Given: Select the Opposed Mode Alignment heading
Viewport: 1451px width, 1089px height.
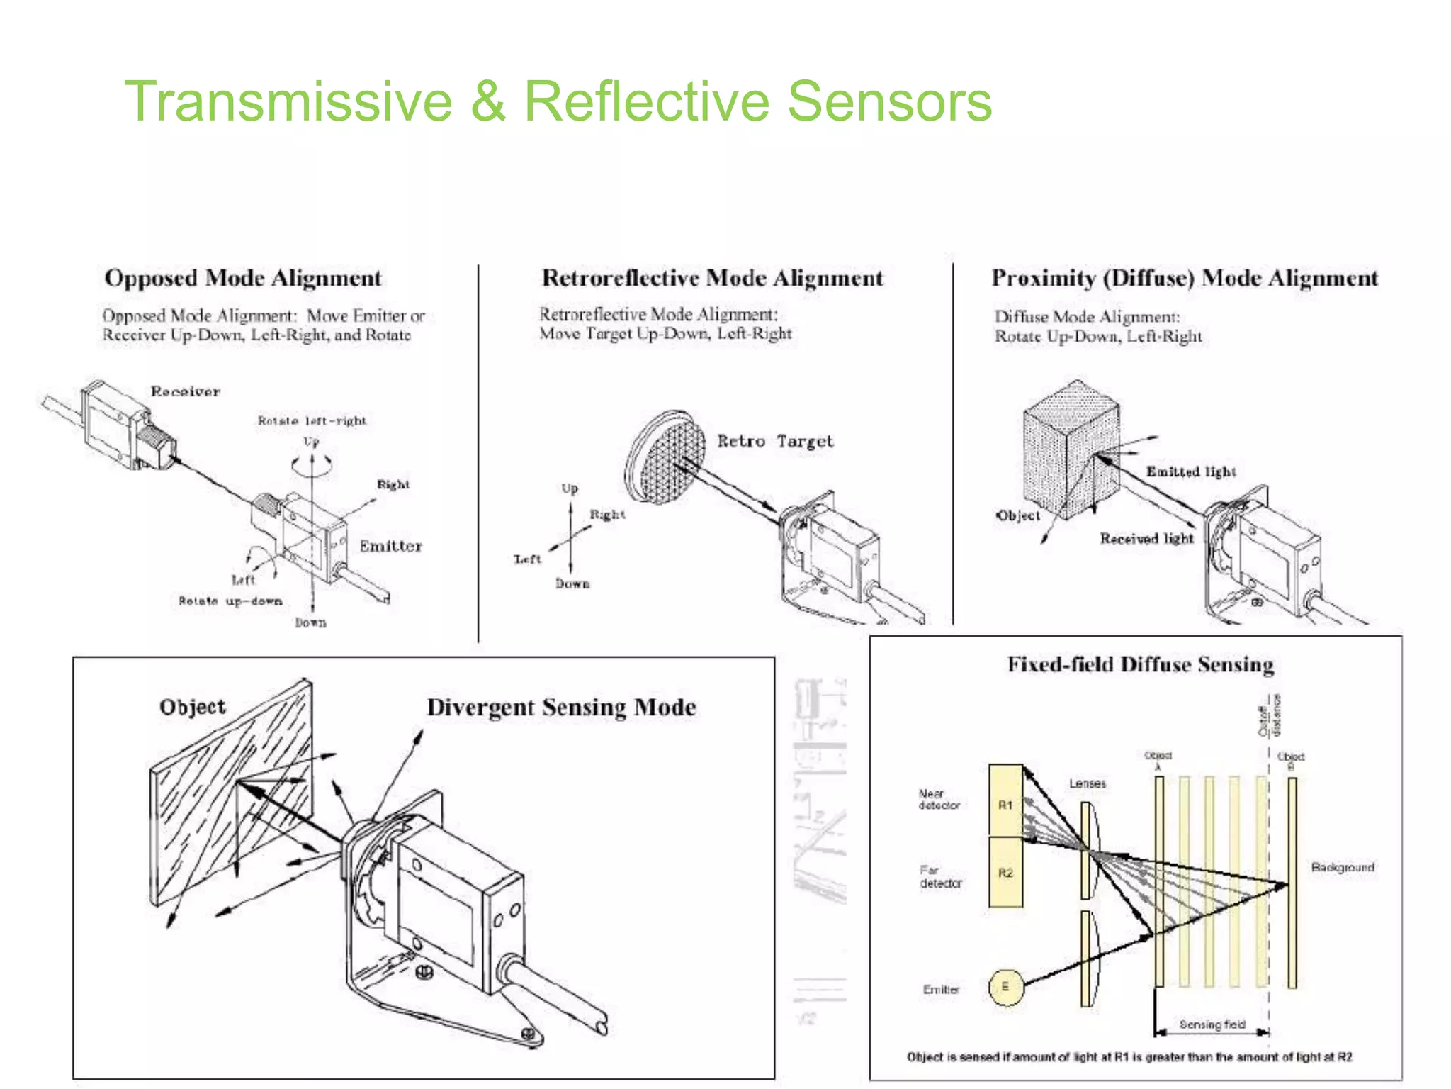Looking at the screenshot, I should click(x=243, y=278).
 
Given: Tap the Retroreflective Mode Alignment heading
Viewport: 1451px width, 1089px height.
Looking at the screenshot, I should click(x=712, y=278).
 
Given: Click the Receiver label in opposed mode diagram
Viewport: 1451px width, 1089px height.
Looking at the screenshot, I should click(x=186, y=391).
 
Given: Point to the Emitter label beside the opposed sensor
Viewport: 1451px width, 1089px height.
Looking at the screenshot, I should click(x=390, y=546).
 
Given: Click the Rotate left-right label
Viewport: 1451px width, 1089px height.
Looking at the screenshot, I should click(x=312, y=421).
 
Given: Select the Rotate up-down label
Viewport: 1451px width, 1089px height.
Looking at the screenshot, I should click(x=230, y=601).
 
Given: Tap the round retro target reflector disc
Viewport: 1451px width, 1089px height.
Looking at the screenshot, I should click(x=666, y=457).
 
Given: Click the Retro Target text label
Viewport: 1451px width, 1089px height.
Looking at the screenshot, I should click(x=775, y=441).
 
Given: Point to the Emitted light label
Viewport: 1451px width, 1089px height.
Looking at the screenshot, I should click(x=1191, y=471).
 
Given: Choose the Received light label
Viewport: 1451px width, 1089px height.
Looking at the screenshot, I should click(x=1146, y=539).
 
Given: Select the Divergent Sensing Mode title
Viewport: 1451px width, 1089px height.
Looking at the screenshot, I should click(x=561, y=708).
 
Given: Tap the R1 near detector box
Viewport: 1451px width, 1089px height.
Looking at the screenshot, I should click(x=1005, y=801).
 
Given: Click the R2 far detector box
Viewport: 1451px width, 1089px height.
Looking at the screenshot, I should click(x=1005, y=873).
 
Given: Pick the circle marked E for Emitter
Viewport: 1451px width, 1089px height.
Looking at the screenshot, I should click(x=1005, y=987).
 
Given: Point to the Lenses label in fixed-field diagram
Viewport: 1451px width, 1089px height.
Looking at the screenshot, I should click(x=1088, y=783).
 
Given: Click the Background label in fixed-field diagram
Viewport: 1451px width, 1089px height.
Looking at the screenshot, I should click(x=1343, y=867).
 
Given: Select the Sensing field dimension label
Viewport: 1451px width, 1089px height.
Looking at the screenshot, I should click(x=1212, y=1024).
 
